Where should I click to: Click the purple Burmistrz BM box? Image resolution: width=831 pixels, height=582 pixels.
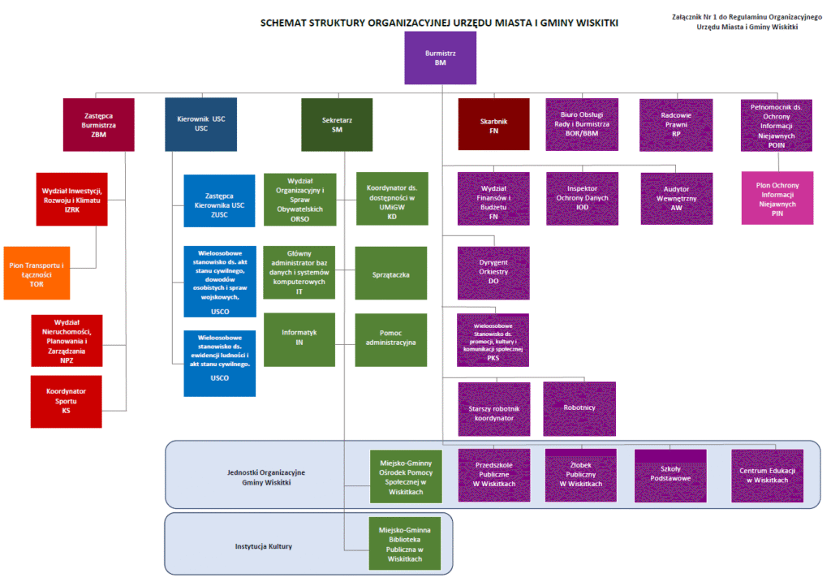[x=440, y=58]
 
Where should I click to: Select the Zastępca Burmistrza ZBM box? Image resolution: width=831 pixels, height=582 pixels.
[x=99, y=124]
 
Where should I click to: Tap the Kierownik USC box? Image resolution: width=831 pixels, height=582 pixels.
[x=201, y=124]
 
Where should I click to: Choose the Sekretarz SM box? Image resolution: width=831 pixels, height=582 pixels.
[x=337, y=124]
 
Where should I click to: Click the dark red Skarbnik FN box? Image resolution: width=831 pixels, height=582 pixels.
[x=493, y=124]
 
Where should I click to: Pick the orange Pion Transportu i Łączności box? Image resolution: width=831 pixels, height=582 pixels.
[x=37, y=273]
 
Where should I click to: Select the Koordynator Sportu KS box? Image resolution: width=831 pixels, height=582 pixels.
[x=67, y=401]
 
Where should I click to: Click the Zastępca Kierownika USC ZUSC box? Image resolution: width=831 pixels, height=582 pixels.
[x=220, y=203]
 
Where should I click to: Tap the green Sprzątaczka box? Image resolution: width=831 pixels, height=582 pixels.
[x=391, y=274]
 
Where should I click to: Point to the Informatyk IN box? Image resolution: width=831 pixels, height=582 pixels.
[x=299, y=338]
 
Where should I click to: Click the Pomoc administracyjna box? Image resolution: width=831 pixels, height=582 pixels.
[x=391, y=338]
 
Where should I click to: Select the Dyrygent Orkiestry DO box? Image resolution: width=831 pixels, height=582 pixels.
[x=493, y=272]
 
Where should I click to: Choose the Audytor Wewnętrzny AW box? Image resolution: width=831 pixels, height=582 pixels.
[x=677, y=198]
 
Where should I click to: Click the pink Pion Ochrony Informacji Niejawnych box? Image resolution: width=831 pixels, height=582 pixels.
[x=777, y=198]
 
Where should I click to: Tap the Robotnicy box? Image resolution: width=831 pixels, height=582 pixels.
[x=579, y=408]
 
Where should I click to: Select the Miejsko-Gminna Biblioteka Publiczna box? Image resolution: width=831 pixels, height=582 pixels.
[x=404, y=544]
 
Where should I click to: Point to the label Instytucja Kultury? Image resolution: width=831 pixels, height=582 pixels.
[x=264, y=546]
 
